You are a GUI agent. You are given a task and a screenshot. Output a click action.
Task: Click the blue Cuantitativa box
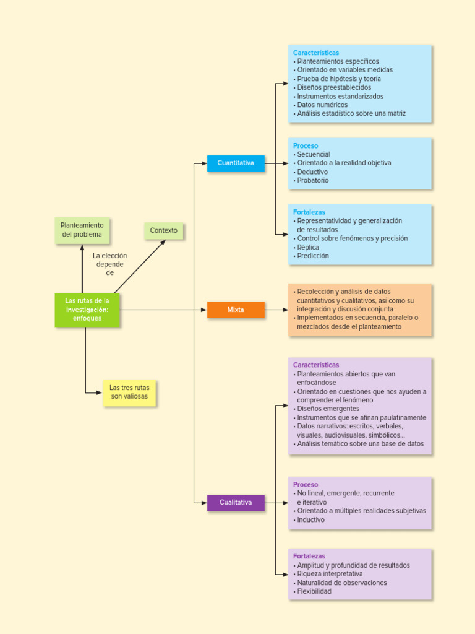tap(236, 163)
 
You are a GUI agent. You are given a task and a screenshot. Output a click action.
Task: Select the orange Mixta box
tap(236, 310)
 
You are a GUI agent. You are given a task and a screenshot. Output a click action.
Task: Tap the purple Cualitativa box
tap(236, 503)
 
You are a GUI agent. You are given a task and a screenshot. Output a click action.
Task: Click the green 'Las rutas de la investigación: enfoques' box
tap(87, 310)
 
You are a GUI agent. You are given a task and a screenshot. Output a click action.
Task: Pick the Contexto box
tap(163, 231)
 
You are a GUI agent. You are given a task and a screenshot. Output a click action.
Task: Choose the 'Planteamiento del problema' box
tap(82, 230)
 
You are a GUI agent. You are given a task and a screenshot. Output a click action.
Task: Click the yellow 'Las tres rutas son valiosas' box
tap(129, 393)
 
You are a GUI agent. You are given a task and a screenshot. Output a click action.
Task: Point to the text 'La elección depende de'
tap(109, 264)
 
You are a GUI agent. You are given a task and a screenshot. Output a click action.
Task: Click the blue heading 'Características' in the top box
tap(316, 53)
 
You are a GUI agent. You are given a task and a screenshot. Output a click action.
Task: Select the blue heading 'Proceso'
tap(306, 146)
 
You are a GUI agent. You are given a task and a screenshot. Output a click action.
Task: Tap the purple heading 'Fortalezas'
tap(309, 556)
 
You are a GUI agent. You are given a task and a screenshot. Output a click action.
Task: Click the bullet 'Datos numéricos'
tap(322, 105)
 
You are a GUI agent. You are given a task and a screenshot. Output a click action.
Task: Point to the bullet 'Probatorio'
tap(313, 181)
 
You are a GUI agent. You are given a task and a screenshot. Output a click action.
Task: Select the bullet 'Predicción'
tap(313, 256)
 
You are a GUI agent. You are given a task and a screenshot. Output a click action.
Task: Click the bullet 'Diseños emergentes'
tap(328, 409)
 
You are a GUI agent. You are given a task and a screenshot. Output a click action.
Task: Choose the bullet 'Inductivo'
tap(310, 520)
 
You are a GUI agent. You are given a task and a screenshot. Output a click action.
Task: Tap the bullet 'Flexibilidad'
tap(314, 591)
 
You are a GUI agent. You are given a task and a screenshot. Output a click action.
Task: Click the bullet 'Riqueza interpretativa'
tap(330, 574)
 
